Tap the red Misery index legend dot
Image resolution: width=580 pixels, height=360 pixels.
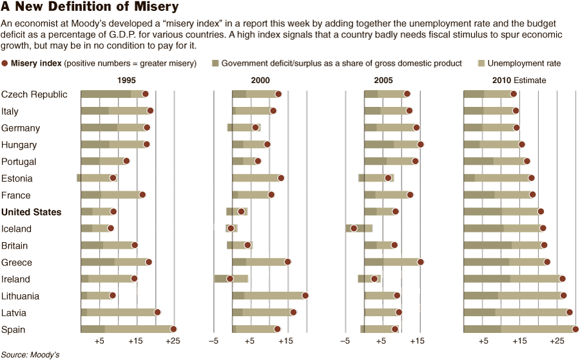pos(5,63)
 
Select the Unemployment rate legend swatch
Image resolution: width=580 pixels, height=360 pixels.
pos(481,63)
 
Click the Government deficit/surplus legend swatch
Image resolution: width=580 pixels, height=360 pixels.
pos(215,63)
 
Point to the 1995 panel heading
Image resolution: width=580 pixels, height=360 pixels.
pos(126,81)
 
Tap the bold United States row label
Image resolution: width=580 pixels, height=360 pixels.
pos(32,212)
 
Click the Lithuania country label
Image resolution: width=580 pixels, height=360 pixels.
pos(20,296)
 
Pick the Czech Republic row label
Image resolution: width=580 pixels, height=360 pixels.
pos(34,95)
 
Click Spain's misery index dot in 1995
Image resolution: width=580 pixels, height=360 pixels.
pos(173,329)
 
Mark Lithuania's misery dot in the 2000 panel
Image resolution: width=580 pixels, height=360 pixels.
pos(305,296)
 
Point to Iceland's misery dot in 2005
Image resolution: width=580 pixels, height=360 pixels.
pos(353,228)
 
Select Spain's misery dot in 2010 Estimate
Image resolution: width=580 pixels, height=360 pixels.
pos(575,329)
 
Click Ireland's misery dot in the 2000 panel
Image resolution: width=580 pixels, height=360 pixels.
pos(229,278)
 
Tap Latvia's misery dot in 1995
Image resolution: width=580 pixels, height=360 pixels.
pos(157,312)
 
